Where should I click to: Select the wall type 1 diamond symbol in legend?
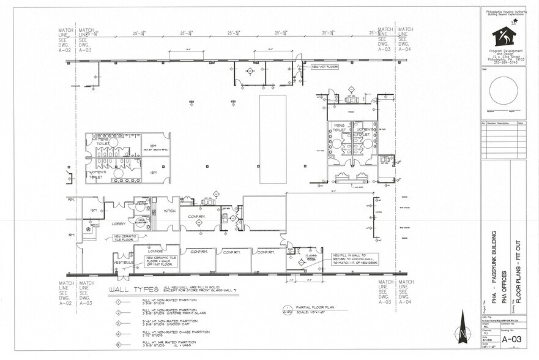[118, 301]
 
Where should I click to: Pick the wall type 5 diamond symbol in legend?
[118, 345]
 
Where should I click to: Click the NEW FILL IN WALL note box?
[353, 260]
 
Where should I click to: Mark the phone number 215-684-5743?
[504, 62]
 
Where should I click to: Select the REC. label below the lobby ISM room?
[94, 225]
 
